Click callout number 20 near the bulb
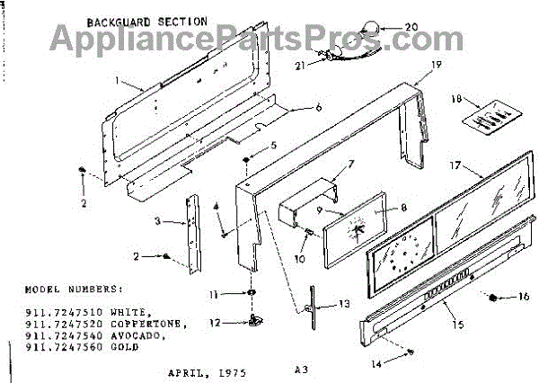(411, 26)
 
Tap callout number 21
(301, 64)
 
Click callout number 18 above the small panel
(457, 98)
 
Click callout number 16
(525, 296)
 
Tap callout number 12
(214, 323)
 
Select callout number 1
(117, 79)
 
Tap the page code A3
(299, 369)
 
